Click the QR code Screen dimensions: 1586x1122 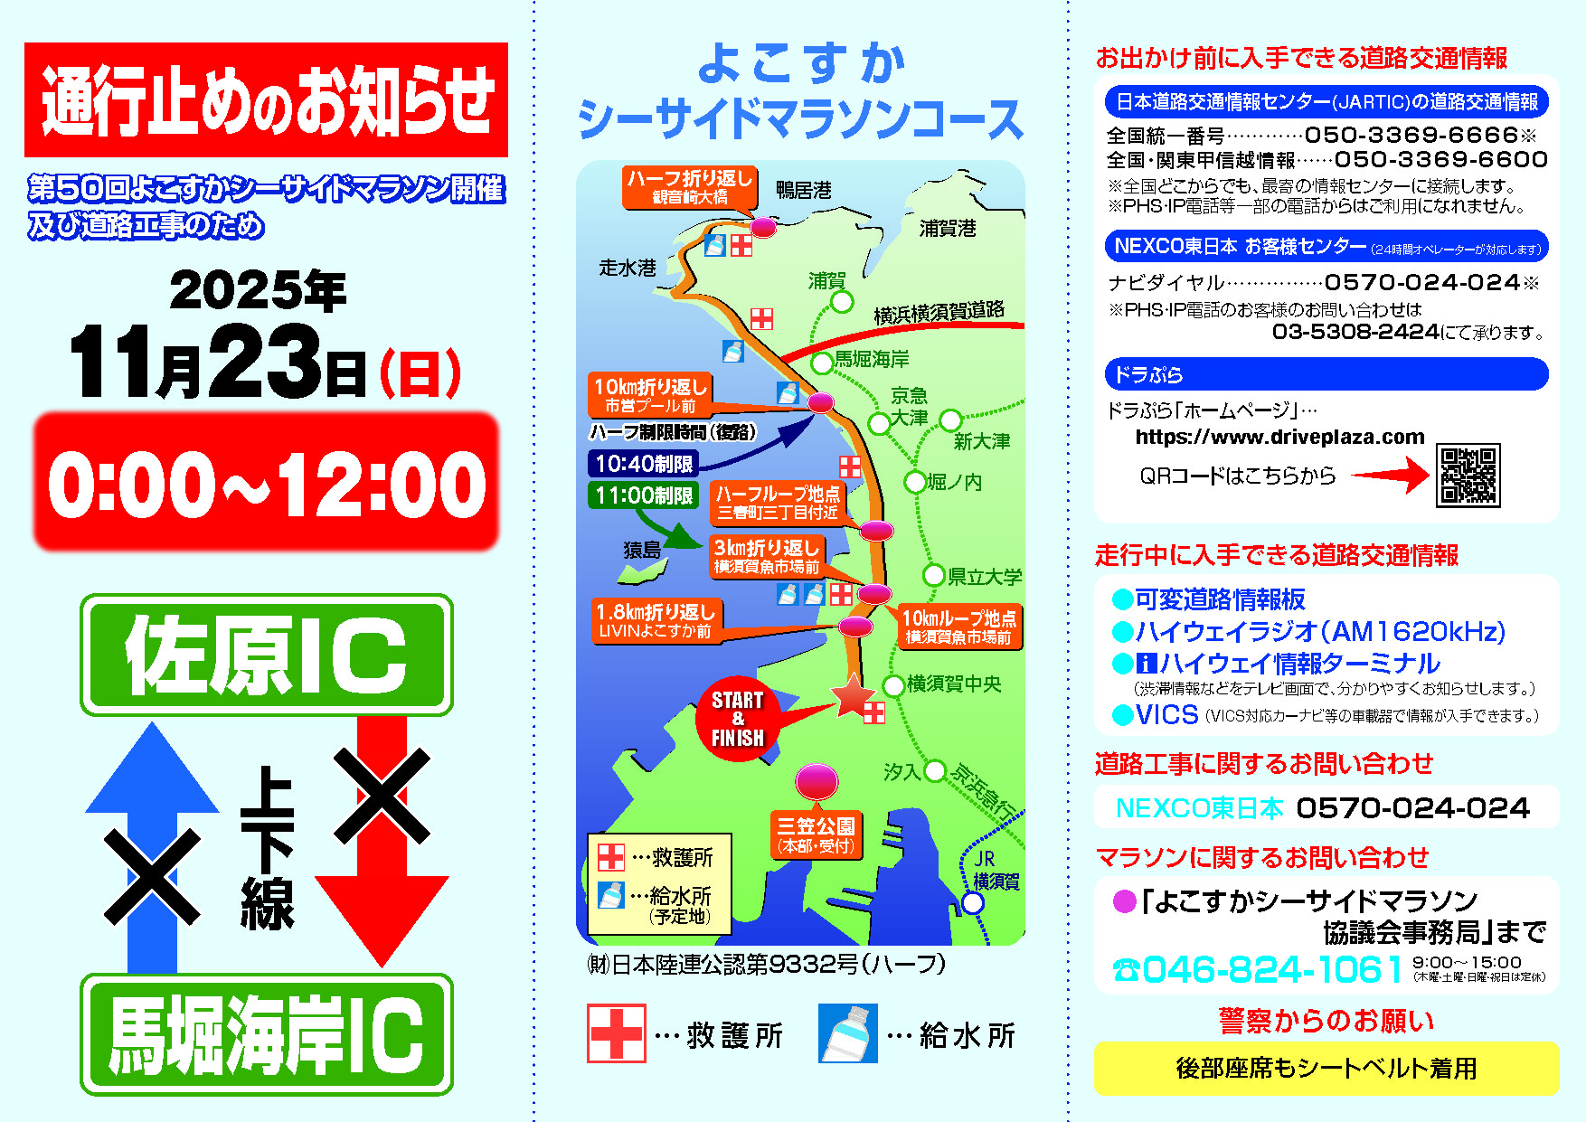[1468, 476]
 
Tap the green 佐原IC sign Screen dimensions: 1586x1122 [267, 655]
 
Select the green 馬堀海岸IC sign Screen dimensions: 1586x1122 [267, 1034]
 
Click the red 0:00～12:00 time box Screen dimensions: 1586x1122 [267, 482]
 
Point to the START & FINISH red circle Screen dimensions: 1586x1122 [737, 719]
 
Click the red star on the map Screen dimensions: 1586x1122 [852, 695]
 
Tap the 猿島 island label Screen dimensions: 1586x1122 [642, 550]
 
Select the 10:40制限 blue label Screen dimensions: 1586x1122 [644, 464]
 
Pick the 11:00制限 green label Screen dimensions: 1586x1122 [644, 495]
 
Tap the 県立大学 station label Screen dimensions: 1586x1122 [984, 577]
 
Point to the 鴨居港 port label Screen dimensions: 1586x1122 [803, 191]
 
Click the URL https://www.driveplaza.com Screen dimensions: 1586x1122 [1279, 438]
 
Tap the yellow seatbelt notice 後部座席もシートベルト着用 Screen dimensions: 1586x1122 [1326, 1068]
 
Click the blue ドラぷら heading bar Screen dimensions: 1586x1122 [1326, 374]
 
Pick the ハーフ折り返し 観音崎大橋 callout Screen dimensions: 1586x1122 [690, 186]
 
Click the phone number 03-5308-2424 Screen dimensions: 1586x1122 [1355, 333]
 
